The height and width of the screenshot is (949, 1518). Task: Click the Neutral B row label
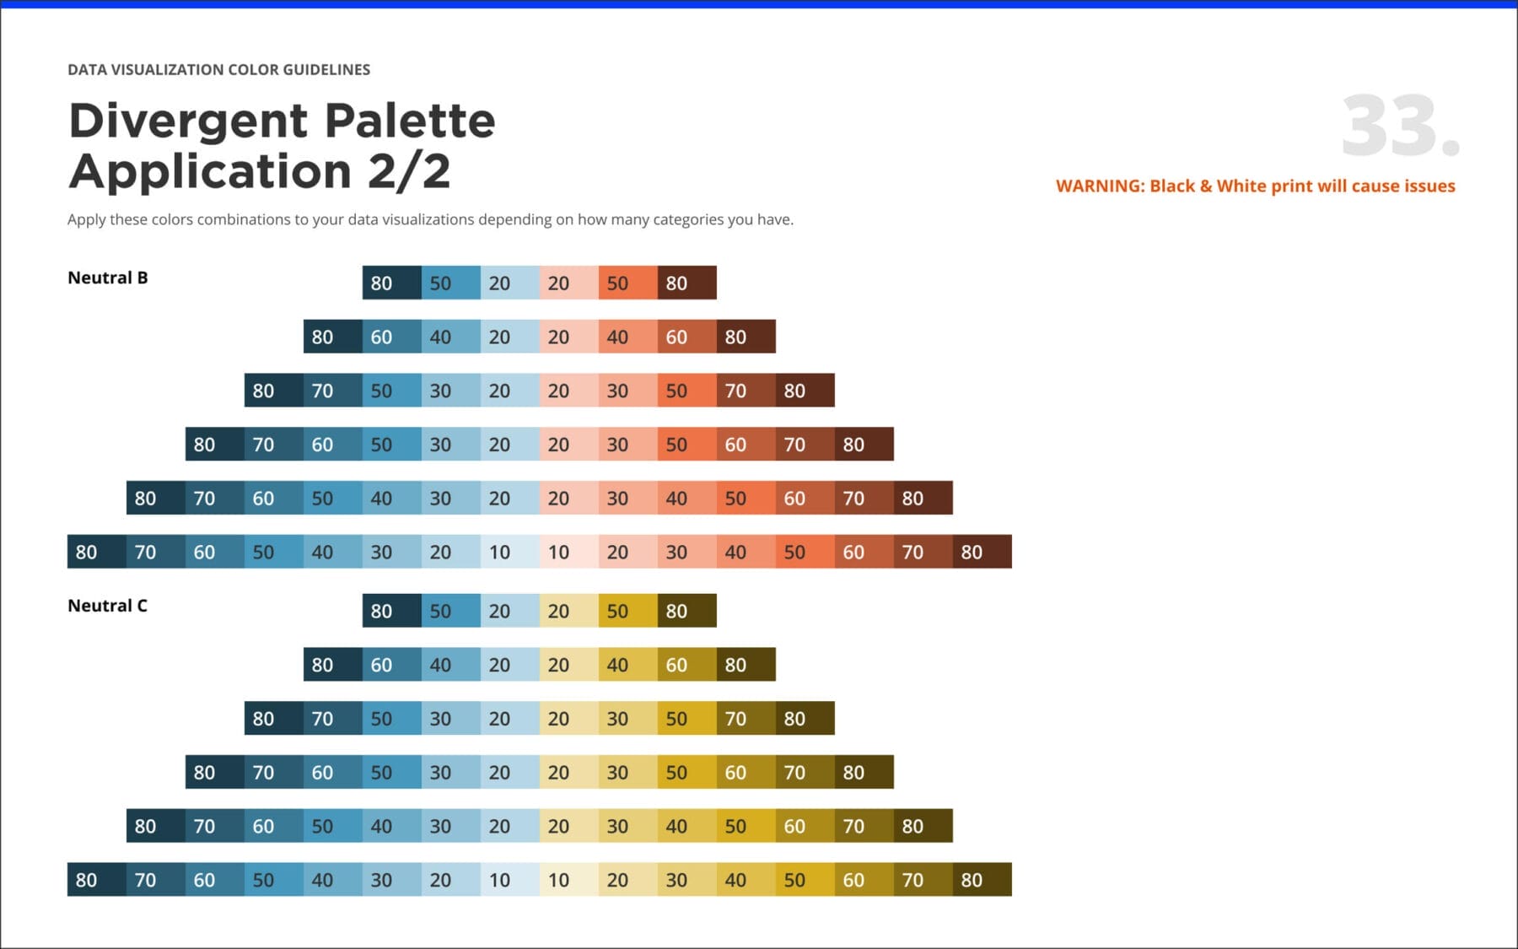pyautogui.click(x=107, y=278)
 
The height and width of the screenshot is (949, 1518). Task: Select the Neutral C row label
pyautogui.click(x=107, y=606)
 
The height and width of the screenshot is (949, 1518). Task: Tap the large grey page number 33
pyautogui.click(x=1400, y=127)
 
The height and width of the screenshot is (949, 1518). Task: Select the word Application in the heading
pyautogui.click(x=211, y=171)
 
